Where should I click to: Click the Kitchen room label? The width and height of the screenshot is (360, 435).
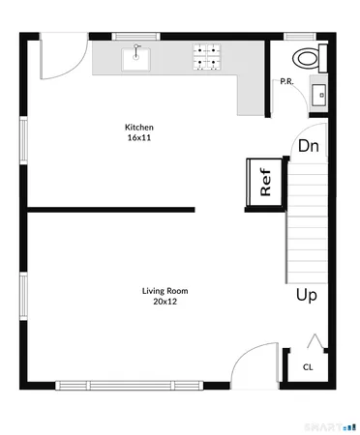coord(138,128)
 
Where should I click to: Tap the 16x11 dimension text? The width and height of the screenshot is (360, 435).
coord(138,138)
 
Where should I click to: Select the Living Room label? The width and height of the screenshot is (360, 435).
coord(165,291)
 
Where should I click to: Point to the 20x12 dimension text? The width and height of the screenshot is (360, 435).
coord(165,302)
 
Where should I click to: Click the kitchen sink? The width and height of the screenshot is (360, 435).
coord(136,58)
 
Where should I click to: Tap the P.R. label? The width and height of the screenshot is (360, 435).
coord(286,81)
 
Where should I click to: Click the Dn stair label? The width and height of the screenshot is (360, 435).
coord(308,147)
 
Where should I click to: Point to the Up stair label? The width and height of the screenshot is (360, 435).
coord(307,295)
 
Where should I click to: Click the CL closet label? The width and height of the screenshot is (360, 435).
coord(308,366)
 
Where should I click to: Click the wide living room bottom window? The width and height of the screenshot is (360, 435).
coord(129,385)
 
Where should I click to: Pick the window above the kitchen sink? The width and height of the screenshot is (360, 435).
coord(136,37)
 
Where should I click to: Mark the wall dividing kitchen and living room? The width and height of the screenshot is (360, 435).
coord(110,209)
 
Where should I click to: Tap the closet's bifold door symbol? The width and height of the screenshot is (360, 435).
coord(313,340)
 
